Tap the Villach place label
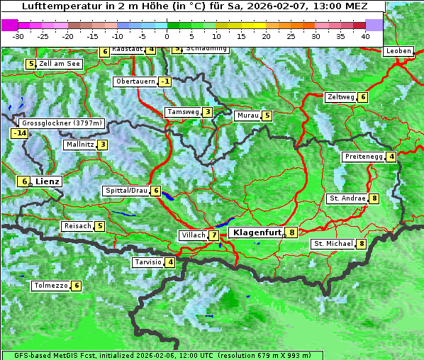click(193, 235)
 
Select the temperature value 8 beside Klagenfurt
click(291, 232)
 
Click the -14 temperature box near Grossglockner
click(19, 133)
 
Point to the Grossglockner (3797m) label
click(63, 123)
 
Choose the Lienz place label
click(48, 181)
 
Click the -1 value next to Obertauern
click(165, 81)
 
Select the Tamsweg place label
click(182, 112)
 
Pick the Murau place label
click(247, 116)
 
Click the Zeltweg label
click(340, 97)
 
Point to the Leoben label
click(398, 51)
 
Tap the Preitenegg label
click(363, 157)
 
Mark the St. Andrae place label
click(347, 198)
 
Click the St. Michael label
click(333, 244)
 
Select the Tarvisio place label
click(147, 262)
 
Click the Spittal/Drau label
click(126, 191)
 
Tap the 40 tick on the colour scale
click(365, 35)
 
